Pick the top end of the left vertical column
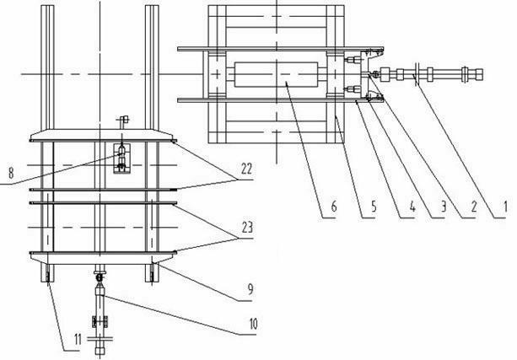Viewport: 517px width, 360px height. (x=47, y=8)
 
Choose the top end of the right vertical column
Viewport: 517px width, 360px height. (x=152, y=8)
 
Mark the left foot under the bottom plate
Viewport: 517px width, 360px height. (x=48, y=274)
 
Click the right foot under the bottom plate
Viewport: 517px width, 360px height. (x=153, y=274)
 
